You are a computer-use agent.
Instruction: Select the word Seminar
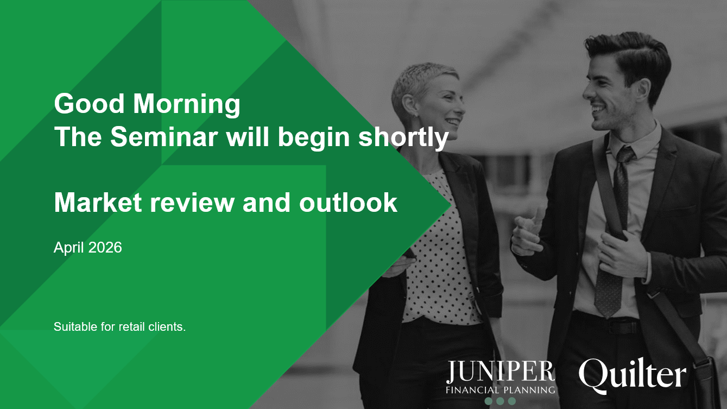165,137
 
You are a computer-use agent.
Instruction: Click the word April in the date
69,248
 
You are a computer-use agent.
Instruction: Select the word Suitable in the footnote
73,327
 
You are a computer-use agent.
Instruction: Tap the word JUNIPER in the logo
500,372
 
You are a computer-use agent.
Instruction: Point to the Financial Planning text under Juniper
500,389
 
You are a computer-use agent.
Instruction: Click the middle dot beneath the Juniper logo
500,401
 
